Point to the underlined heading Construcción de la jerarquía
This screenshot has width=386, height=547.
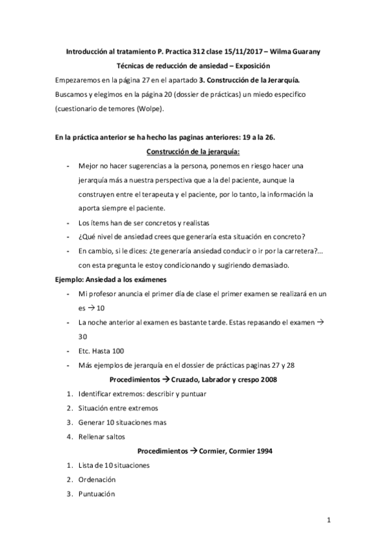[193, 152]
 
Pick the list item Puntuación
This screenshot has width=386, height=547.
[96, 493]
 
